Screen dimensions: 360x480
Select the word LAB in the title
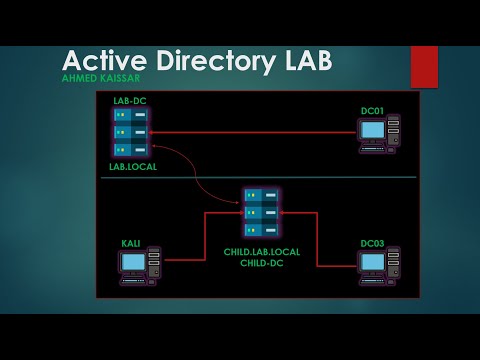point(306,61)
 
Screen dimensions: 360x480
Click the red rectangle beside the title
point(424,66)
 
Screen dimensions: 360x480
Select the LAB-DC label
point(130,101)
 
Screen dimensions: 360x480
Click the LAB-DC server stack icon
point(131,132)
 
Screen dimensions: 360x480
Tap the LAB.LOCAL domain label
point(133,166)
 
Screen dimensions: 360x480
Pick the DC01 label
point(372,110)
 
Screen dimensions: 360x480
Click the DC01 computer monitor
point(373,130)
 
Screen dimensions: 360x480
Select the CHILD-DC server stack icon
point(261,212)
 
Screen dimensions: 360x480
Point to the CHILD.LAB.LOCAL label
point(262,252)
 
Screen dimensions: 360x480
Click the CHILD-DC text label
point(262,263)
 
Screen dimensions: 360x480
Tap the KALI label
point(131,243)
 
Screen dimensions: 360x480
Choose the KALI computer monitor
point(133,263)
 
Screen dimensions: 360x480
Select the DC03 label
point(372,243)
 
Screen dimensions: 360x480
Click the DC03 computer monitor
point(373,263)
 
